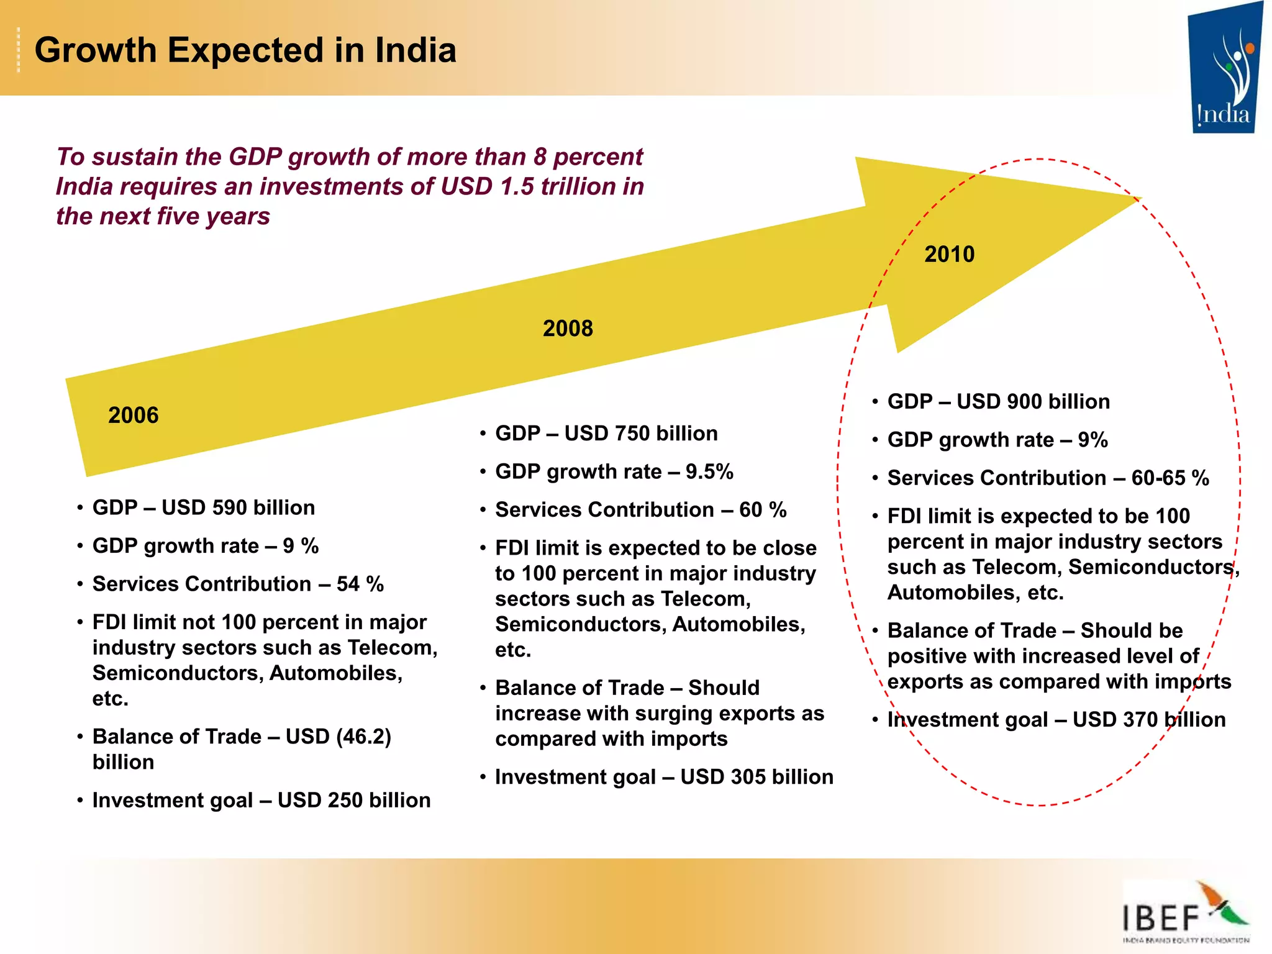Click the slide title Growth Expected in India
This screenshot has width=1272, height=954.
click(x=245, y=50)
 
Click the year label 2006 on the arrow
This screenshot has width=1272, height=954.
click(x=133, y=415)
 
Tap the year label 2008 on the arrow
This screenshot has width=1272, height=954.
click(x=568, y=329)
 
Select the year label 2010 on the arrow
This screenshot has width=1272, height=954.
click(x=949, y=254)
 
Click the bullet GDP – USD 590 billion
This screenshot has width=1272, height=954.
click(x=204, y=507)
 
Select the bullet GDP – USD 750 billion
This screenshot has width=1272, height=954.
click(x=606, y=433)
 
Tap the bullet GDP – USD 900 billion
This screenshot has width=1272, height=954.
click(x=998, y=401)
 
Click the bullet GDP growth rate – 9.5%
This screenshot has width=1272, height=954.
click(x=614, y=471)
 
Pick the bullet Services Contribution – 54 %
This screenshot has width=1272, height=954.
click(x=238, y=584)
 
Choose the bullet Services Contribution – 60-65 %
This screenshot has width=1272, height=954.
click(x=1048, y=478)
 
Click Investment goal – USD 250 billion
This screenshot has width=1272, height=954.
click(x=261, y=800)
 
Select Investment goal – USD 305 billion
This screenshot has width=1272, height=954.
click(x=664, y=777)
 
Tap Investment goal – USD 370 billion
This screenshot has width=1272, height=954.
click(x=1056, y=719)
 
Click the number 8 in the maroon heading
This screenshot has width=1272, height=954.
click(x=539, y=157)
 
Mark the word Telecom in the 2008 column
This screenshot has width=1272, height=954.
click(x=704, y=599)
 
